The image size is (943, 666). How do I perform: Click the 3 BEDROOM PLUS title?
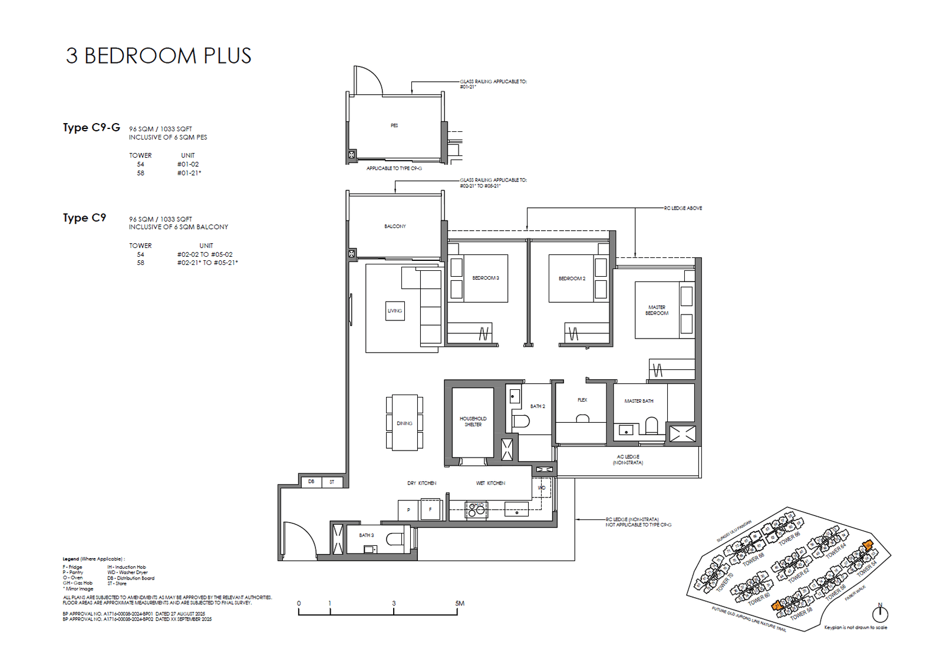point(159,56)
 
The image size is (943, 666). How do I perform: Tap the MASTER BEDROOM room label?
point(657,310)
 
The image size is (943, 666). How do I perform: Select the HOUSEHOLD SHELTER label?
point(473,422)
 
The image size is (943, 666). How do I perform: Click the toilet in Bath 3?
point(395,539)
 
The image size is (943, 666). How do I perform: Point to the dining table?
point(404,423)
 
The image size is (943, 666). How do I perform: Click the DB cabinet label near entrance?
point(311,482)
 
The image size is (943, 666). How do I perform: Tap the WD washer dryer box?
point(542,488)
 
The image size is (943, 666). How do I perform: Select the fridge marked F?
point(430,509)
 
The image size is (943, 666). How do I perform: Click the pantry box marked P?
point(408,510)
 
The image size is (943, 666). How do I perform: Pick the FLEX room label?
point(582,400)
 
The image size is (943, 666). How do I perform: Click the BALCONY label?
point(395,226)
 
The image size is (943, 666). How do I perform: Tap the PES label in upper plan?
point(394,125)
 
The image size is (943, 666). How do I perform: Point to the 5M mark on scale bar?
point(459,604)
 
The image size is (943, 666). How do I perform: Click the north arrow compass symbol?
point(880,614)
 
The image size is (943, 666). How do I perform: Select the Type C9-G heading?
point(91,128)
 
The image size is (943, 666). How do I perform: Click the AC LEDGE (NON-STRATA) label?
point(628,460)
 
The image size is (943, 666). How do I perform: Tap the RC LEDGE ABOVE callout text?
point(683,208)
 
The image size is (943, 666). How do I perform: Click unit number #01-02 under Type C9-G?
point(188,164)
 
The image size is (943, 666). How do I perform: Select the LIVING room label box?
point(395,311)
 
